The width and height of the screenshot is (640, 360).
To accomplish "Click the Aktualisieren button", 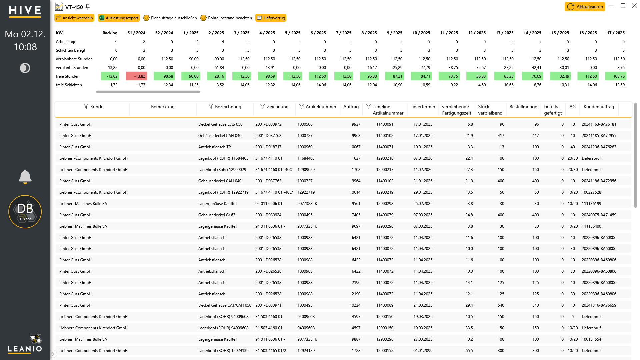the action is [585, 7].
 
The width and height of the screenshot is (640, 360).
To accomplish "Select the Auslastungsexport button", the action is [119, 18].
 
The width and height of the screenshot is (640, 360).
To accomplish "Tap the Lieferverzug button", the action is [271, 18].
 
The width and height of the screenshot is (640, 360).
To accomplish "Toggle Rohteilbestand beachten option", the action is [226, 18].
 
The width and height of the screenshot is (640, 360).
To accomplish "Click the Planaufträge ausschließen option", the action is [170, 18].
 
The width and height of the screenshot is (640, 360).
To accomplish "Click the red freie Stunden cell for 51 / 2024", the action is [136, 76].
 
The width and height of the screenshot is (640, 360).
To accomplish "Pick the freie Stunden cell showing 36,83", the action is [476, 76].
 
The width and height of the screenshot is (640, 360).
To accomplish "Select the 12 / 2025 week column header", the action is [477, 33].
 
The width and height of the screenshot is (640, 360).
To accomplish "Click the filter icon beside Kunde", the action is [86, 106].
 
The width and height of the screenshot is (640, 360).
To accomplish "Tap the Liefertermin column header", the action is [423, 107].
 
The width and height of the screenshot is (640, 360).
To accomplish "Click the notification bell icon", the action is [25, 177].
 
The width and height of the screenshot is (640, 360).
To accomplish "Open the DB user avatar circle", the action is [25, 212].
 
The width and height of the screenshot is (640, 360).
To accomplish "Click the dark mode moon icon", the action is [25, 68].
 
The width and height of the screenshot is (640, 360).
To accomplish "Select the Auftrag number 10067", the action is [355, 147].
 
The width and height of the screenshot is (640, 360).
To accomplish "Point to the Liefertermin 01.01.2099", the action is [423, 351].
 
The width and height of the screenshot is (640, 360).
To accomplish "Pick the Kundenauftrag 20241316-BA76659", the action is [599, 305].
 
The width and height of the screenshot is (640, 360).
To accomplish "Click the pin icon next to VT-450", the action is [88, 7].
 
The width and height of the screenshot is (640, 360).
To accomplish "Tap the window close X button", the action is [634, 6].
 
